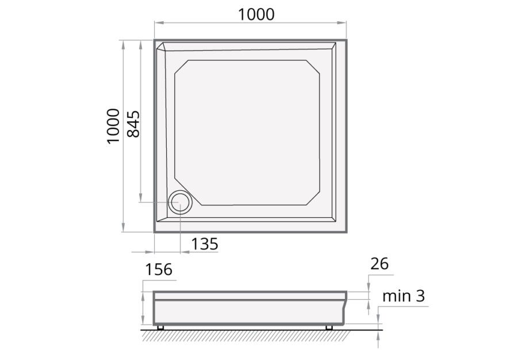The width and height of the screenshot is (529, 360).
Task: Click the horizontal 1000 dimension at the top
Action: (256, 14)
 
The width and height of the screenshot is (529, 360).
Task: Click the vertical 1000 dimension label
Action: (113, 126)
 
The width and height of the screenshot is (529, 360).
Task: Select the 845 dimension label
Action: (133, 124)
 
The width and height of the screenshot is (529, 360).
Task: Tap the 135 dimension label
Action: (205, 244)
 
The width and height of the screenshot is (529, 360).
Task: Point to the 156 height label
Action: (159, 270)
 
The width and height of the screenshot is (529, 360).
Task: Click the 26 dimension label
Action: (379, 264)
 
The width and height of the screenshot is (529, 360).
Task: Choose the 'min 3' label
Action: (404, 296)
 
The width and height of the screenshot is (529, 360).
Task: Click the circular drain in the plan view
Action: (180, 202)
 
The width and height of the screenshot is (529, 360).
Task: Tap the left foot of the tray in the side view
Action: (160, 327)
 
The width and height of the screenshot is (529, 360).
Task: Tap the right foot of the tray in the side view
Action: (329, 327)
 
